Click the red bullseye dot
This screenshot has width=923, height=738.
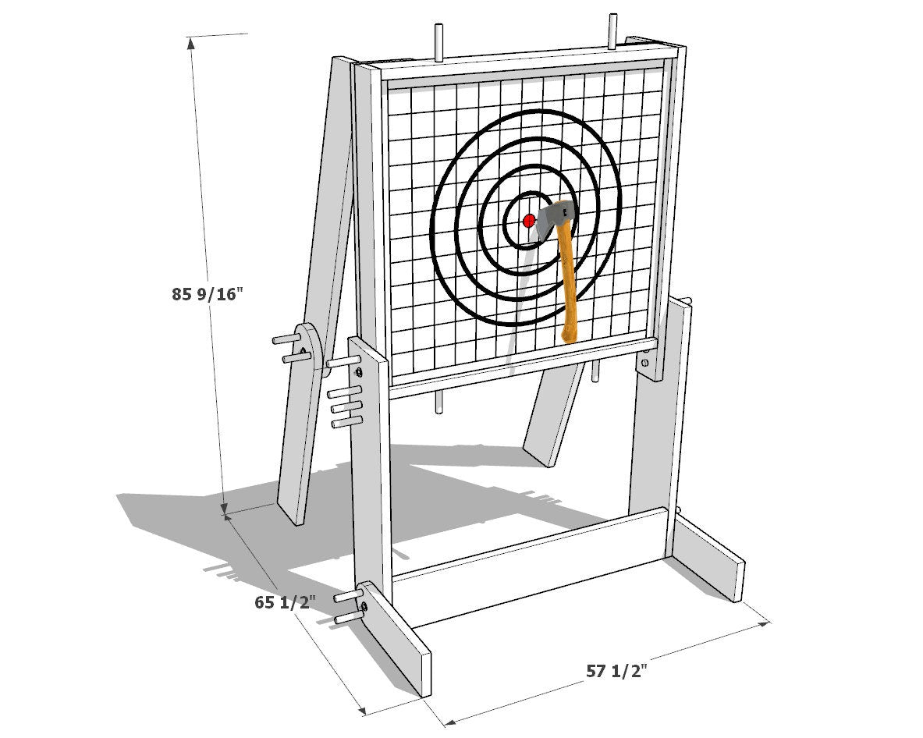click(x=529, y=221)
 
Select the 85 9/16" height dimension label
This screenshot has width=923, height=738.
click(x=208, y=293)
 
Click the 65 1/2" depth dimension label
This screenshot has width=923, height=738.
click(x=285, y=602)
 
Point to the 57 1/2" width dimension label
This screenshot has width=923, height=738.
click(x=616, y=670)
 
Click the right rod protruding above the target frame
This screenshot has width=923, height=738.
click(x=612, y=32)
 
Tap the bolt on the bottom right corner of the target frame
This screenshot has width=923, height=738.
click(x=646, y=363)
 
